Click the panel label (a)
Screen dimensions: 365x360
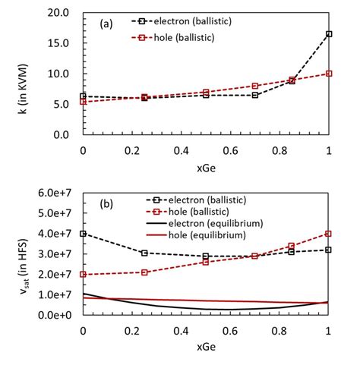click(x=105, y=24)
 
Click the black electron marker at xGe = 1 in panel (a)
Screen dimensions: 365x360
click(x=328, y=34)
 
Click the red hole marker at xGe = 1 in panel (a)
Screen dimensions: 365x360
click(x=328, y=74)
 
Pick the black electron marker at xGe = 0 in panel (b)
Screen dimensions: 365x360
click(x=83, y=234)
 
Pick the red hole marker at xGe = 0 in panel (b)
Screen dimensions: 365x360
click(x=83, y=274)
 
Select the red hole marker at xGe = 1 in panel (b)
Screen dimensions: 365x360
click(x=328, y=234)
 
